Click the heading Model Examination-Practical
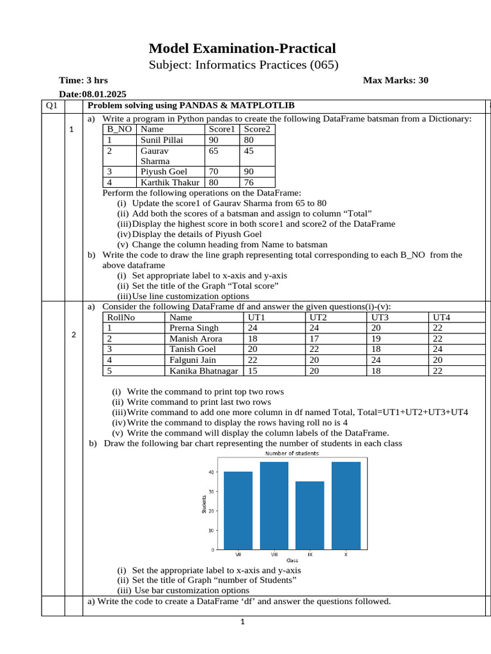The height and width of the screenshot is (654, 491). point(242,49)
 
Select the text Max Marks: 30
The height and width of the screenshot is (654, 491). point(395,80)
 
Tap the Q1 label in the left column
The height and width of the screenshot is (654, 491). point(52,105)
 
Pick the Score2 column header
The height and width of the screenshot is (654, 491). point(257,129)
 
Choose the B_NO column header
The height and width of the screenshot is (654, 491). point(119,129)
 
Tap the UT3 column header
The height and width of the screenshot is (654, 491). point(380,317)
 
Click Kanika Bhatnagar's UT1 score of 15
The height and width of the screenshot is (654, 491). point(253,370)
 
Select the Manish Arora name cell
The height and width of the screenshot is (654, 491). point(193,338)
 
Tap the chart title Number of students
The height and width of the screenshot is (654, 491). point(292,453)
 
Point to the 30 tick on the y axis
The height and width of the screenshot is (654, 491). point(212,491)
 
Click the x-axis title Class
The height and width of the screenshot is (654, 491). point(292,560)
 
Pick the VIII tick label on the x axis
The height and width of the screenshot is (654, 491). point(274,554)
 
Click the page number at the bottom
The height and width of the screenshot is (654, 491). point(243,623)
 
